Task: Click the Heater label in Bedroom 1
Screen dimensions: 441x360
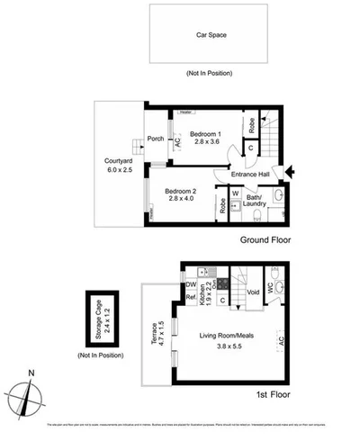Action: [186, 112]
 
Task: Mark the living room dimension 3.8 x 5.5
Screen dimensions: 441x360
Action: [232, 346]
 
